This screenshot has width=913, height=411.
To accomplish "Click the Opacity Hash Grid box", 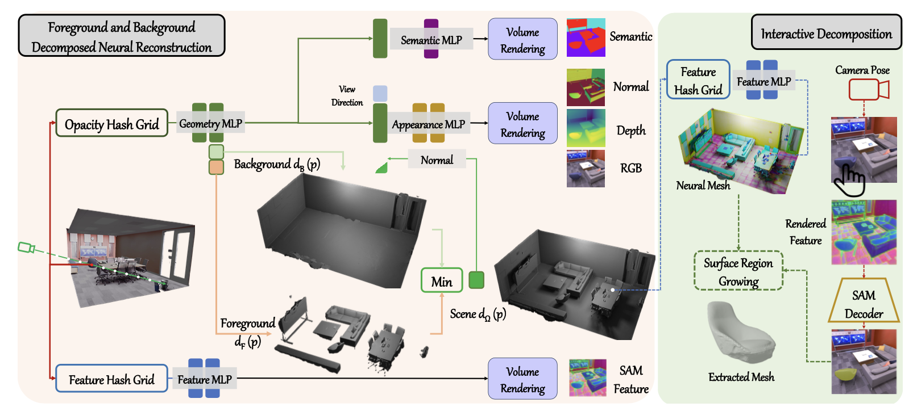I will (112, 123).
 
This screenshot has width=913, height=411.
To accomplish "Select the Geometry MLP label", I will (210, 123).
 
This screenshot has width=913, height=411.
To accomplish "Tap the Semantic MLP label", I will (431, 40).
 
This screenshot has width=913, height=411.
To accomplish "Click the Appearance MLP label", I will (428, 124).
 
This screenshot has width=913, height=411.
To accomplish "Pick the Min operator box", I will (441, 280).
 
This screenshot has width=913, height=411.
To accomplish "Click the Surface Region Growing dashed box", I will (738, 271).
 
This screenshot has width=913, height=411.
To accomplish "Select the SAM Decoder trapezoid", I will (864, 303).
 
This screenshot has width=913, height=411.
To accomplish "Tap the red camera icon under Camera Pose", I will (868, 90).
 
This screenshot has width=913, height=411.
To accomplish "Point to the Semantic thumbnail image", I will (586, 37).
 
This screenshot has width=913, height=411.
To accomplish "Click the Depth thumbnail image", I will (586, 128).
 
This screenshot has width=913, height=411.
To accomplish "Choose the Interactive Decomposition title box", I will (826, 33).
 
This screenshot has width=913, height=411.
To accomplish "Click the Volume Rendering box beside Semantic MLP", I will (522, 40).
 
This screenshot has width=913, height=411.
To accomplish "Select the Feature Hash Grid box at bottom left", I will (111, 379).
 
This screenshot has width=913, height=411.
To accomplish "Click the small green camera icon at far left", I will (26, 248).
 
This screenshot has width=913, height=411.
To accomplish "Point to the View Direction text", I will (347, 95).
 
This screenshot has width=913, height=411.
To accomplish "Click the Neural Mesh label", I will (703, 185).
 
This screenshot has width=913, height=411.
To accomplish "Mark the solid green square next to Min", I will (476, 280).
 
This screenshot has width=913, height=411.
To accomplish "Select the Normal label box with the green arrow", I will (437, 160).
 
